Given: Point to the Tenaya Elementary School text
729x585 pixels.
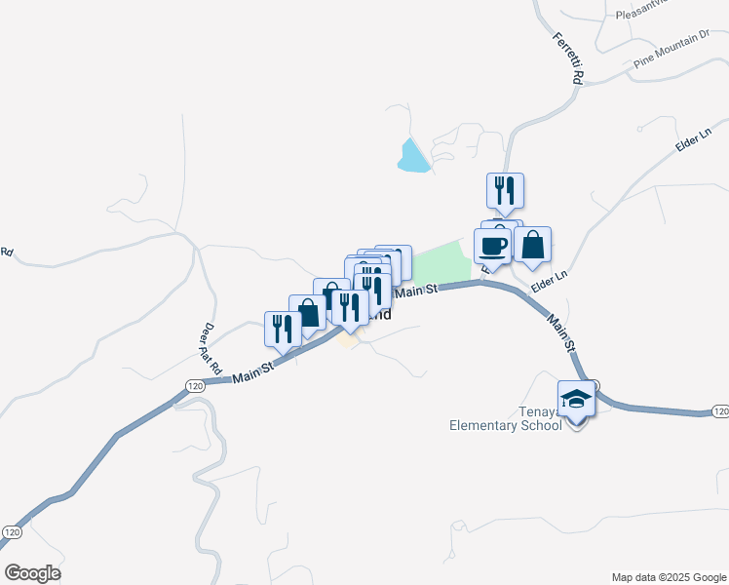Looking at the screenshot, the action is pos(505,418).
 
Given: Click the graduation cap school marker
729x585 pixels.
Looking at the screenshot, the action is pos(576,398).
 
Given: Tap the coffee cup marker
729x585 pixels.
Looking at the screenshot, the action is pos(493,246).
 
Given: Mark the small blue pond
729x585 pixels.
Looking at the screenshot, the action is pos(412,156).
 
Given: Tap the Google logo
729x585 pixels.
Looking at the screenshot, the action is pos(32,572).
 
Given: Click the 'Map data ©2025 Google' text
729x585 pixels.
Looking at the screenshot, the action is pos(670,577).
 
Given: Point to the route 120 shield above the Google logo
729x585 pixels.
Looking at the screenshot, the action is pos(12,532).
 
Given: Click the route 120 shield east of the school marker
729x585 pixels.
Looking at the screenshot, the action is pos(719,411).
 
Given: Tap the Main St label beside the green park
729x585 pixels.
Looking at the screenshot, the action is pos(416,290).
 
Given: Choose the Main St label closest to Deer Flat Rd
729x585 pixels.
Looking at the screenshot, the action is pos(252,370).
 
